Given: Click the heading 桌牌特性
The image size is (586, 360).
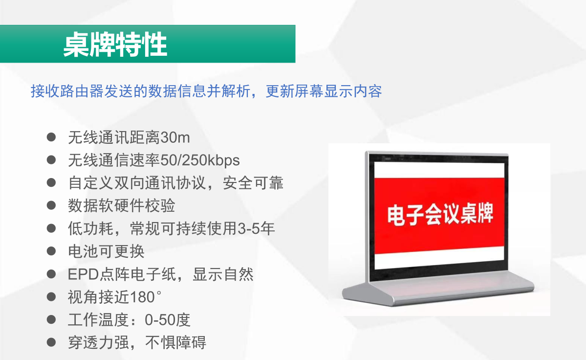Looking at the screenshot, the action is [x=115, y=45].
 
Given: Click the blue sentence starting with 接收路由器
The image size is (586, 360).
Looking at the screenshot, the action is [x=206, y=91].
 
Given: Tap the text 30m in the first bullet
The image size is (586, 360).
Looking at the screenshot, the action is [x=175, y=137].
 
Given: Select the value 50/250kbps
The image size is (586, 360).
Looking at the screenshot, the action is [x=200, y=160].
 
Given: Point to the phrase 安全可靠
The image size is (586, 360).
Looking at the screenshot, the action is [x=253, y=183].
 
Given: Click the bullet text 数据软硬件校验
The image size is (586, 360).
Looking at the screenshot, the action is [x=122, y=206].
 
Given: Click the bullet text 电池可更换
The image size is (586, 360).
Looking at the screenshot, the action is [x=106, y=251].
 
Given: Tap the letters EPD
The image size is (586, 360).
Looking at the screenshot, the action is [x=83, y=274].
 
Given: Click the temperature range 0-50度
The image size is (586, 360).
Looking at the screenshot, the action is [x=168, y=320].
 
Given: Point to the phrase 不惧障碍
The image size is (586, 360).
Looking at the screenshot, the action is [x=175, y=343].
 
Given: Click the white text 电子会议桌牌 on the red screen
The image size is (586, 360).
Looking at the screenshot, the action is [x=440, y=214].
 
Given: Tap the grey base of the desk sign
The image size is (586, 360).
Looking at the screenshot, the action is [x=438, y=289].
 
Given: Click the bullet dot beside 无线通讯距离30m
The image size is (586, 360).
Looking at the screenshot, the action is [x=51, y=137].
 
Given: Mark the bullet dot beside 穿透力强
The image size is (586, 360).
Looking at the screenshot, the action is [x=51, y=342].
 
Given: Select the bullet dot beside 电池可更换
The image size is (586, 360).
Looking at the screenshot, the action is [x=51, y=251].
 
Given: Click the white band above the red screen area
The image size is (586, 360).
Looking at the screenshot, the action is [x=439, y=170].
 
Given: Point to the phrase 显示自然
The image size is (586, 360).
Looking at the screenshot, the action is [x=223, y=274].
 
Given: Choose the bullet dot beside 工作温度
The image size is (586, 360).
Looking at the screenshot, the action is [x=51, y=319].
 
